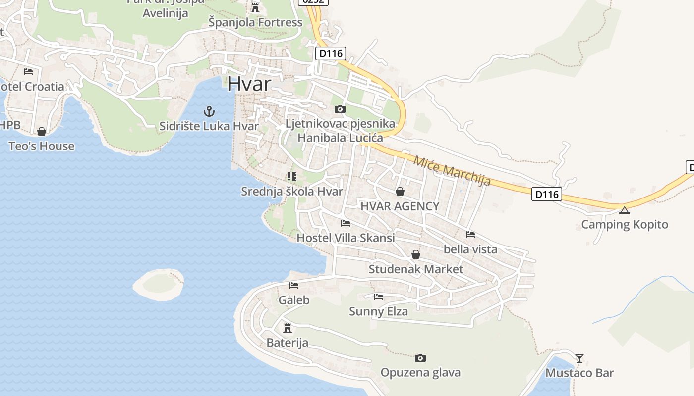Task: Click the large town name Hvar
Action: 249,84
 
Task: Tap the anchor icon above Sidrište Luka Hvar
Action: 209,111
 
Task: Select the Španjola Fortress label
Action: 255,22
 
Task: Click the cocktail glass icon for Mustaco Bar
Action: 579,358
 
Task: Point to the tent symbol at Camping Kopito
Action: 625,210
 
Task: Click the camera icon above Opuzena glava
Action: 420,358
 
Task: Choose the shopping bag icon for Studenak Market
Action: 416,254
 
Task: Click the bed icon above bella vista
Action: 470,234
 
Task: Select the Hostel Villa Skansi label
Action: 346,238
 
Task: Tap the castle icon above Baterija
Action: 287,328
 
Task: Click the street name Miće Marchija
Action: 452,171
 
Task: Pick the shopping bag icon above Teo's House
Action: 42,132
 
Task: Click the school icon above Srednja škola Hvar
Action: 292,176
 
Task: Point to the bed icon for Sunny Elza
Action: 379,297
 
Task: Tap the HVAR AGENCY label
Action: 400,206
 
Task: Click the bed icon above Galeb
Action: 294,286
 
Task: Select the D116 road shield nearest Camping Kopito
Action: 547,194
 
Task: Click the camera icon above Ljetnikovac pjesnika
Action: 340,109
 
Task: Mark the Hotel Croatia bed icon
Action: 28,72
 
